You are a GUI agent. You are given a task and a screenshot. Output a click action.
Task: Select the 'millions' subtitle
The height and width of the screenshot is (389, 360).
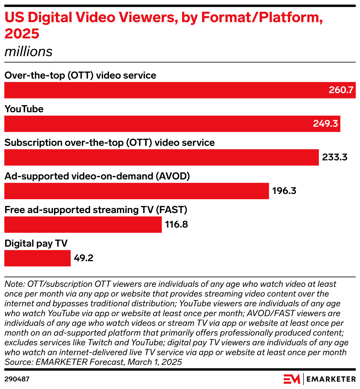click(x=28, y=52)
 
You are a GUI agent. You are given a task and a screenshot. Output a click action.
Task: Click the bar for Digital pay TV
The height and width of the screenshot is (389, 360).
click(x=37, y=258)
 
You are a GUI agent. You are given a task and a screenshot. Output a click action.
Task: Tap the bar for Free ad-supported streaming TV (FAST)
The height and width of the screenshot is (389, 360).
click(x=83, y=224)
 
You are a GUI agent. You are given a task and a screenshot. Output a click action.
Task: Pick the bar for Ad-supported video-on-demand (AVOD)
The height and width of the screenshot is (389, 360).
click(x=137, y=191)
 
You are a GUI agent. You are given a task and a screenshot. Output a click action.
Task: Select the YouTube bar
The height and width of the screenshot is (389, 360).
click(x=172, y=124)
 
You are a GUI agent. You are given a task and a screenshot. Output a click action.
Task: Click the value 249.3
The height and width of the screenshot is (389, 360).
click(x=325, y=124)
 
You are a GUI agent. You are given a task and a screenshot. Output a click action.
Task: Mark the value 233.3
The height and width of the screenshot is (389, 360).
click(x=335, y=158)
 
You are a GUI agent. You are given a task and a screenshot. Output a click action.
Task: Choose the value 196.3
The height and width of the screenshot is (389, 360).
click(x=284, y=191)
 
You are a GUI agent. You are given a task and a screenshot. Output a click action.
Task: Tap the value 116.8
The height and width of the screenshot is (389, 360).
click(x=176, y=224)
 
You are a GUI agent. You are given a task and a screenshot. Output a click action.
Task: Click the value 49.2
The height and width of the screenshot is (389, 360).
click(x=83, y=258)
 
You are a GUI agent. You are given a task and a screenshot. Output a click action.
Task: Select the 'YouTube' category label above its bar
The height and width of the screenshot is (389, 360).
click(x=24, y=109)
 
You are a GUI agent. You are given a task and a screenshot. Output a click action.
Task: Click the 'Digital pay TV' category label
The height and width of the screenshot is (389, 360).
click(x=36, y=243)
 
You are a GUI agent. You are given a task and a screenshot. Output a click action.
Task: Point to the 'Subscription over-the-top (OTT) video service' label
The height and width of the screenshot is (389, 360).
click(x=109, y=143)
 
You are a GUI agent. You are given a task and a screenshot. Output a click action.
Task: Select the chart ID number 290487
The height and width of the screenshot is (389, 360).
click(x=17, y=379)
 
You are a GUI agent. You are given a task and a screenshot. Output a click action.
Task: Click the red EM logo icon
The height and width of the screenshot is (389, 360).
click(x=292, y=379)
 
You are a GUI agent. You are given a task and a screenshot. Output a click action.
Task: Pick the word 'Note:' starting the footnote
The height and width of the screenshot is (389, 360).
click(x=14, y=284)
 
